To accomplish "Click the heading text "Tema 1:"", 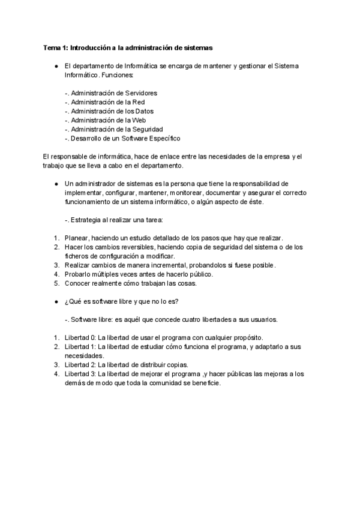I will (56, 47).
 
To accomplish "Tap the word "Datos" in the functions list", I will (144, 111).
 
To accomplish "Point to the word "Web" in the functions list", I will (139, 120).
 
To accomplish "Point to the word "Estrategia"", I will (88, 220).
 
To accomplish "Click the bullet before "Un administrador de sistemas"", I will (55, 184).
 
